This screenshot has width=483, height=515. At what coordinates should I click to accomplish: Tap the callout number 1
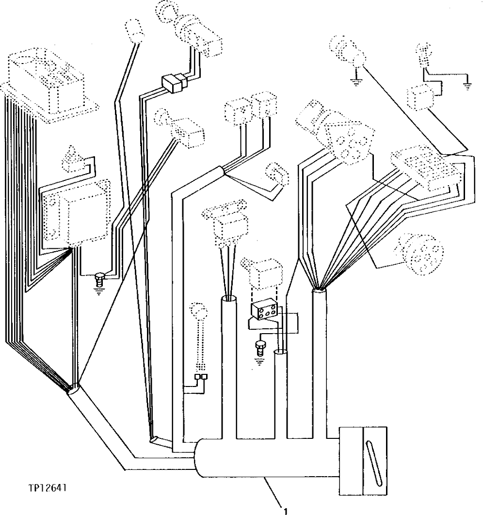(286, 511)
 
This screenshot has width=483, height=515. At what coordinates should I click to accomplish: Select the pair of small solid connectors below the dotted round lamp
(200, 376)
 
